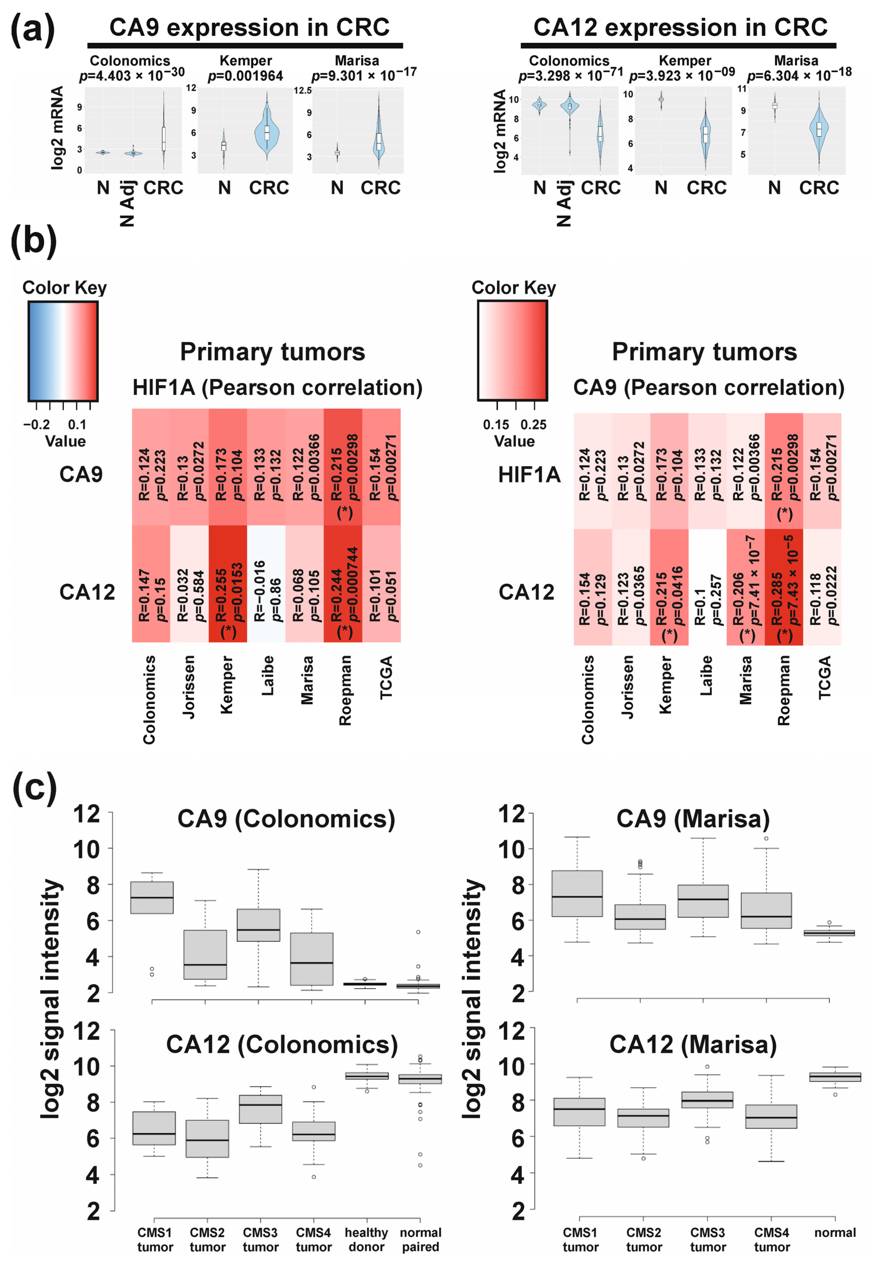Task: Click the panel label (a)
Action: (x=33, y=30)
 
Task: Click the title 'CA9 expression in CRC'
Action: (x=250, y=27)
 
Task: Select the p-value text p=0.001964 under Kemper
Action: (x=246, y=76)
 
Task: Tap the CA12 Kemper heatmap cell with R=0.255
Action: (x=228, y=584)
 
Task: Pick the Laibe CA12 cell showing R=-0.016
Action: (x=266, y=584)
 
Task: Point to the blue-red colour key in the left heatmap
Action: (x=63, y=351)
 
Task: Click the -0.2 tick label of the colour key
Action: (x=36, y=424)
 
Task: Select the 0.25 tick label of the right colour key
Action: (x=533, y=424)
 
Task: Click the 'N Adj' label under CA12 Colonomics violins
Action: (x=564, y=203)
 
